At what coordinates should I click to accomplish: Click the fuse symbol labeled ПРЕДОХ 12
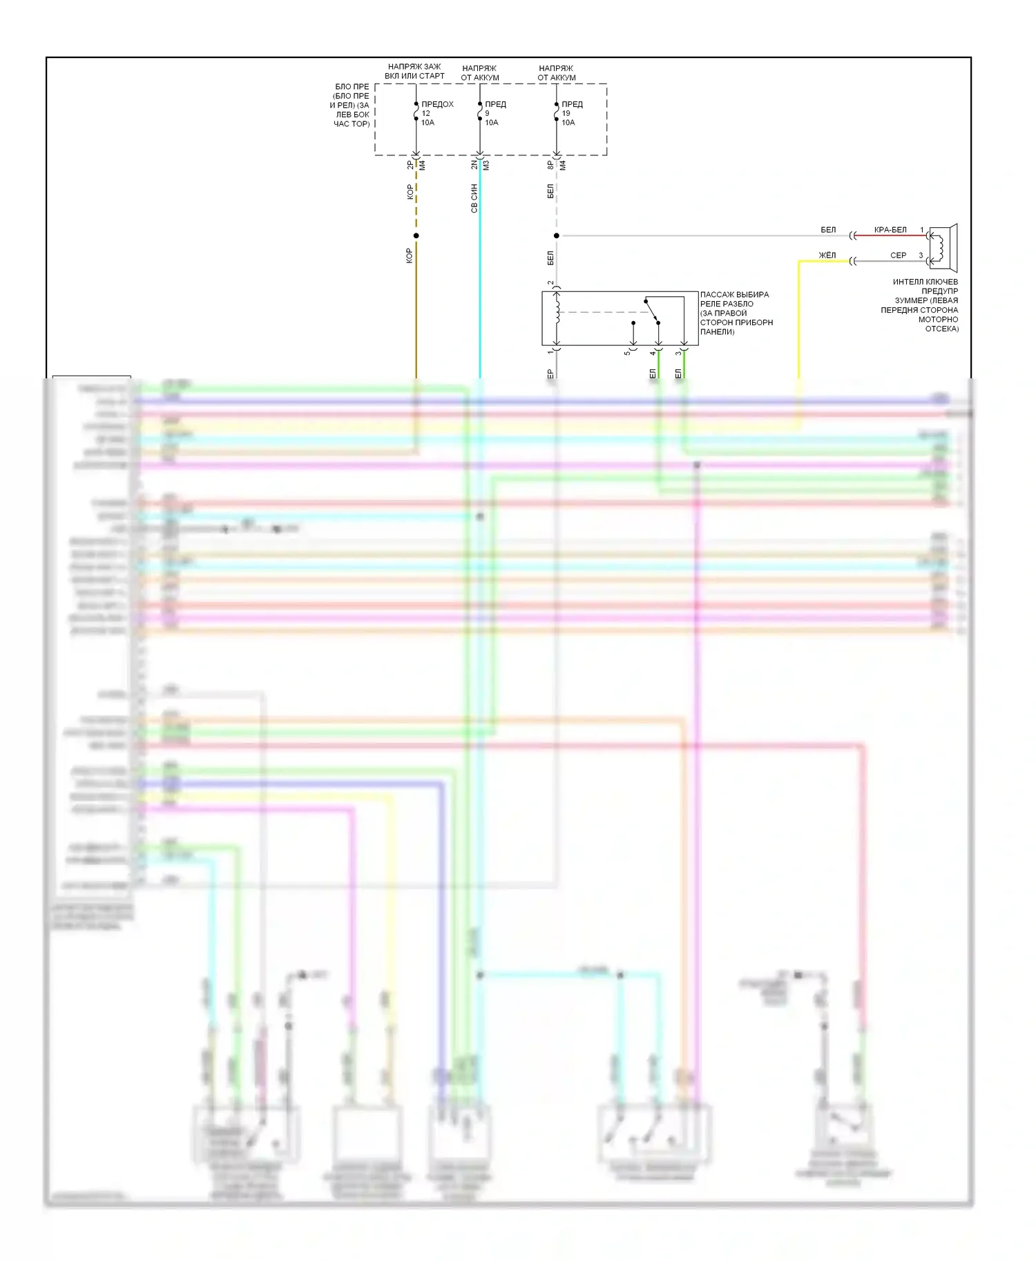[x=416, y=112]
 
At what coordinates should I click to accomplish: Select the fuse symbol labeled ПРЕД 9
[x=480, y=112]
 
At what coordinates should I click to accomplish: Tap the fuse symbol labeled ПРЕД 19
[x=557, y=112]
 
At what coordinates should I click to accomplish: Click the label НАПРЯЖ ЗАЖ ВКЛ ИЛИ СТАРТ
[x=414, y=71]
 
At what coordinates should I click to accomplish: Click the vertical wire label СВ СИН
[x=474, y=198]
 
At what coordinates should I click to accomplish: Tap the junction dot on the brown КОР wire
[x=416, y=236]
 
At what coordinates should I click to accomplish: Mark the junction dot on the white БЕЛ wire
[x=557, y=236]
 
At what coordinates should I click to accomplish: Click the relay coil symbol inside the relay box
[x=557, y=311]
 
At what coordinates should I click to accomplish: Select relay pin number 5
[x=627, y=353]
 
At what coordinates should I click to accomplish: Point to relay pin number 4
[x=652, y=353]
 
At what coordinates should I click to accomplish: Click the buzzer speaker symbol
[x=943, y=248]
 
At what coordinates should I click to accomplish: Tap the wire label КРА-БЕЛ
[x=890, y=230]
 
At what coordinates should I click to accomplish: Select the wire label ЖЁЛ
[x=827, y=255]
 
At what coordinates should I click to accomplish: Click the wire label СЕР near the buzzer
[x=898, y=255]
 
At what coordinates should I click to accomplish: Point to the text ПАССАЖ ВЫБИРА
[x=734, y=295]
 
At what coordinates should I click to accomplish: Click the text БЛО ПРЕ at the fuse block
[x=352, y=87]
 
